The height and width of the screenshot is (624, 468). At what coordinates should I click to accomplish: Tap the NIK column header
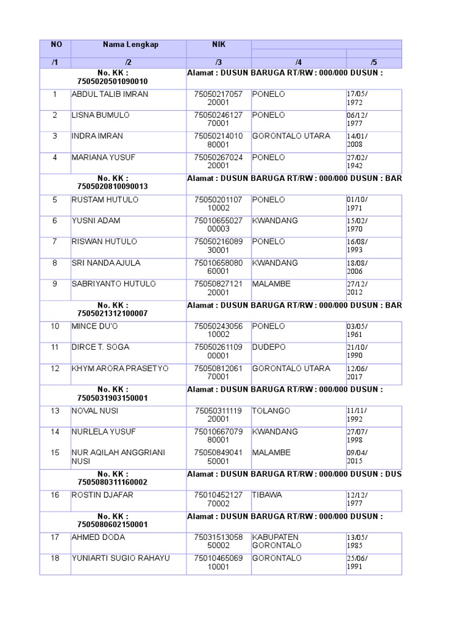[218, 44]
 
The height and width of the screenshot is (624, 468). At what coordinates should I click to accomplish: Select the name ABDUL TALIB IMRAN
[110, 94]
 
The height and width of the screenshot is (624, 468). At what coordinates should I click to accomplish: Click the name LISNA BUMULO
[101, 115]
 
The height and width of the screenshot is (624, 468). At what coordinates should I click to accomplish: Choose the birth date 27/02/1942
[358, 161]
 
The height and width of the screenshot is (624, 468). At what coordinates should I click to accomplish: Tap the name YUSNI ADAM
[96, 221]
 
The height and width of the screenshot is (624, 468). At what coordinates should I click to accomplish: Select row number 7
[55, 242]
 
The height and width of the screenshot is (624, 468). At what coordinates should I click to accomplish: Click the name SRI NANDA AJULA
[106, 263]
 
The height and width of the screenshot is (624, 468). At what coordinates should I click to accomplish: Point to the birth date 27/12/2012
[358, 288]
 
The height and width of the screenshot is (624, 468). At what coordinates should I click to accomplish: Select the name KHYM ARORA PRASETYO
[120, 369]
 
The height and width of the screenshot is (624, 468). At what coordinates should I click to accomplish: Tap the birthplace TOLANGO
[271, 411]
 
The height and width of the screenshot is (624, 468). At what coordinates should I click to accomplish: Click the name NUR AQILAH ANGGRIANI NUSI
[118, 457]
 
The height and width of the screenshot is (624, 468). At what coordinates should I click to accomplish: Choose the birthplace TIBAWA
[267, 495]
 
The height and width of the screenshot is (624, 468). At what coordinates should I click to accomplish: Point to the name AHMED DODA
[98, 537]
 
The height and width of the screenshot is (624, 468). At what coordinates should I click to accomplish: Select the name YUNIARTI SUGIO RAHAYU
[121, 558]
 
